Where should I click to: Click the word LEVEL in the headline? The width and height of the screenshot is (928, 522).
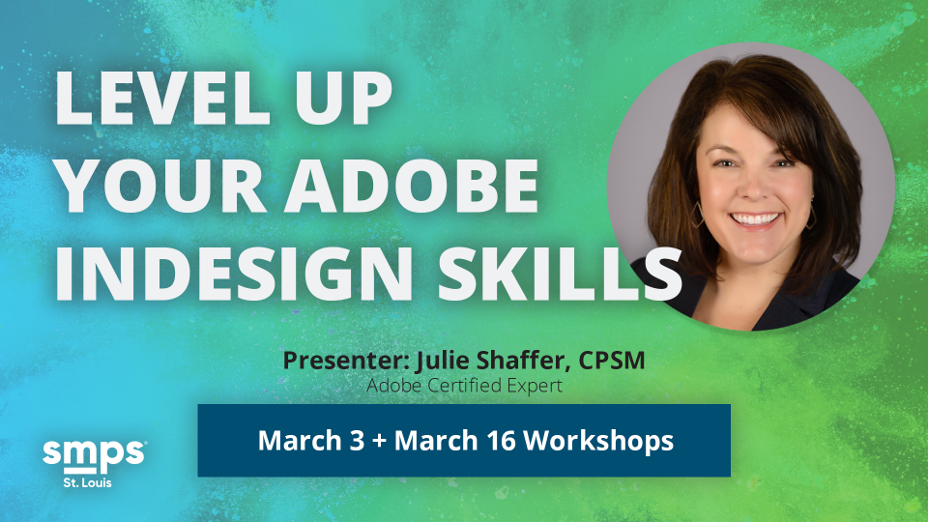(x=162, y=99)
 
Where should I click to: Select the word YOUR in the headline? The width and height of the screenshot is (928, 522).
(x=162, y=186)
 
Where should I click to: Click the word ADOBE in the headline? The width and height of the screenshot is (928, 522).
(x=411, y=186)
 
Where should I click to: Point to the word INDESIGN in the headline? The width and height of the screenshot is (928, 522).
(x=234, y=274)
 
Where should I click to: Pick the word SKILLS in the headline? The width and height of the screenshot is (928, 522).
(x=560, y=274)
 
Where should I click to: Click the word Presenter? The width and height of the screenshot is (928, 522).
(x=346, y=360)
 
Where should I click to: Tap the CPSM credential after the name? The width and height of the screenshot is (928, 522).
(x=612, y=360)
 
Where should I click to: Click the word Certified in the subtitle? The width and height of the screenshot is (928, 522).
(x=455, y=386)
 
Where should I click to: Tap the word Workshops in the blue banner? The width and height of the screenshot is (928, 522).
(x=599, y=441)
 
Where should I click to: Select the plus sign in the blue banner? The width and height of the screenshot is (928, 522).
(x=379, y=442)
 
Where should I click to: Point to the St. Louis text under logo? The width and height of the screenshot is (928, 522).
(x=88, y=482)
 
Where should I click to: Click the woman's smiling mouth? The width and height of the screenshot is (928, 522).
(x=755, y=220)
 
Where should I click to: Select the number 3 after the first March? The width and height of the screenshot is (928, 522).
(x=357, y=441)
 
